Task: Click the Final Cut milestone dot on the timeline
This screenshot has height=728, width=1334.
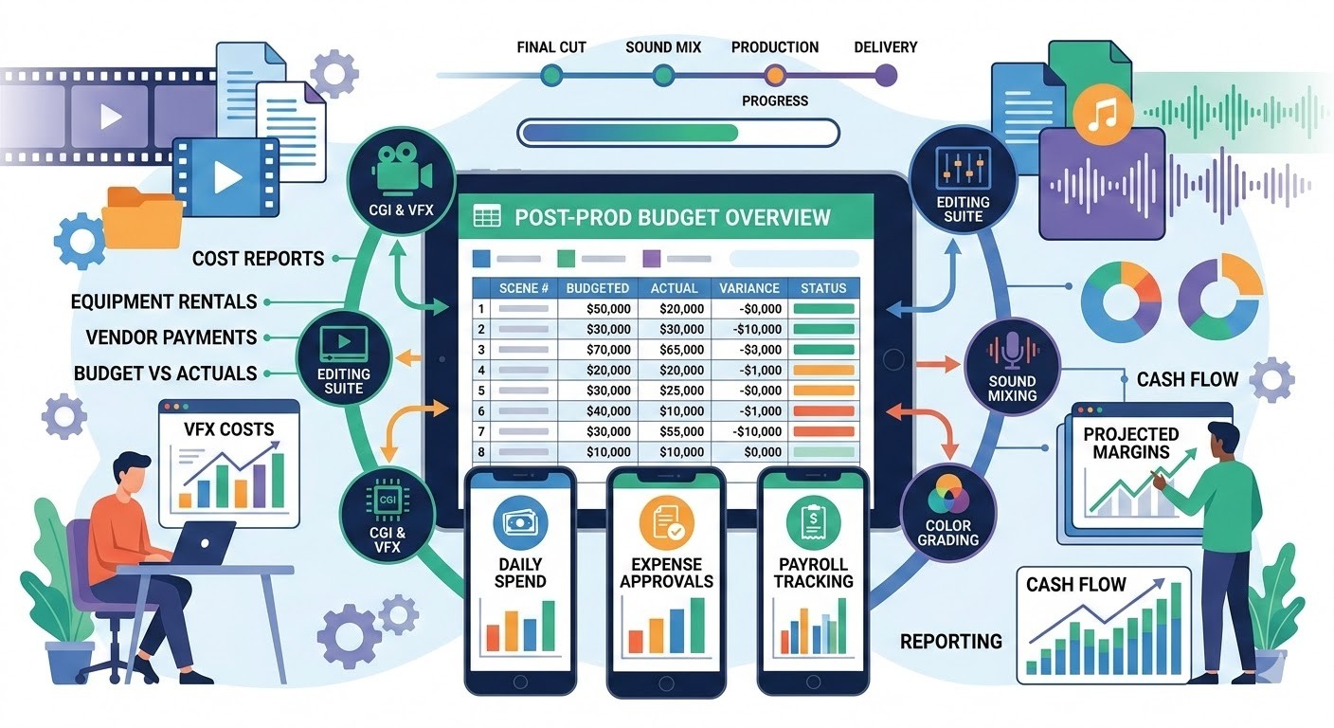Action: coord(550,75)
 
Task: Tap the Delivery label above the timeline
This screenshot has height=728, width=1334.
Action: coord(885,47)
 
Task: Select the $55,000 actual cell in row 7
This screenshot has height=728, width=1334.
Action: coord(675,431)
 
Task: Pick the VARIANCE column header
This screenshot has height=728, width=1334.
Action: coord(748,288)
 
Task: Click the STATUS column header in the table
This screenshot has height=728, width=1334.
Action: coord(823,288)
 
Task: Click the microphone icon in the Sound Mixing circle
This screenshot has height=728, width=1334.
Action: coord(1012,352)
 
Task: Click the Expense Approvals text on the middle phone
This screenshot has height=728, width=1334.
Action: coord(666,572)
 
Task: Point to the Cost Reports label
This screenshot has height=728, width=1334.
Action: coord(258,259)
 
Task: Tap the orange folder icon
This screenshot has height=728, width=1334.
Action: coord(141,217)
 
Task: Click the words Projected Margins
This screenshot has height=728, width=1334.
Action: coord(1131,443)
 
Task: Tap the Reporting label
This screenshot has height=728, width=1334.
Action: coord(951,642)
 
